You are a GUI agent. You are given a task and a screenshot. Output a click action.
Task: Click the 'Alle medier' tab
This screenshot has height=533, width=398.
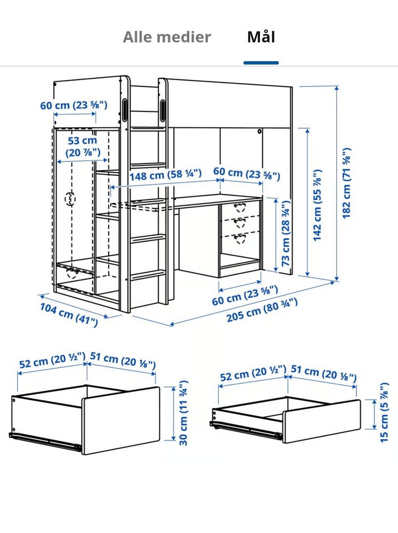[x=167, y=37]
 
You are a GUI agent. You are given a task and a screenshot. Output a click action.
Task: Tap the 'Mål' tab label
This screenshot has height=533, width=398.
[x=261, y=37]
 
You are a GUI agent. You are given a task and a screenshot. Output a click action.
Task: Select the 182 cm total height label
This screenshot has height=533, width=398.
[x=347, y=183]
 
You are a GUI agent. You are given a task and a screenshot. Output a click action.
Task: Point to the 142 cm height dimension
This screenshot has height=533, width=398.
[x=317, y=205]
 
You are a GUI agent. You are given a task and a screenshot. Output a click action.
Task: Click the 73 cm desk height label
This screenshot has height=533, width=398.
[x=286, y=233]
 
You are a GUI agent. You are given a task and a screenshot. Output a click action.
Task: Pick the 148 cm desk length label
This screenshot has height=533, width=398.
[x=165, y=175]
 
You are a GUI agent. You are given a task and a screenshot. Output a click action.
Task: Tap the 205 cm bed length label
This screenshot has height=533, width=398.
[x=262, y=310]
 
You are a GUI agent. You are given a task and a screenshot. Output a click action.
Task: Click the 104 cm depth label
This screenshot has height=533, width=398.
[x=69, y=315]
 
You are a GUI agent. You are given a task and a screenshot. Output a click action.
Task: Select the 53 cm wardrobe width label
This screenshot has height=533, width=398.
[x=83, y=147]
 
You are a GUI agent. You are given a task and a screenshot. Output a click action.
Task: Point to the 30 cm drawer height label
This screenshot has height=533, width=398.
[x=183, y=413]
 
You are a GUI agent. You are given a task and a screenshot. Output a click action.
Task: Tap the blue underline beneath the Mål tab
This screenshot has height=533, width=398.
[x=261, y=63]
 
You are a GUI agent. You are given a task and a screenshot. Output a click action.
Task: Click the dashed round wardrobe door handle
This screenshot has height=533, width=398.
[x=70, y=199]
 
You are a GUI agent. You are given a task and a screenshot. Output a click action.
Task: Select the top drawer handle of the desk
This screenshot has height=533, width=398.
[x=240, y=207]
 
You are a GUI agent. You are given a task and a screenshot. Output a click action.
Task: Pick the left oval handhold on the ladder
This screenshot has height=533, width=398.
[x=125, y=110]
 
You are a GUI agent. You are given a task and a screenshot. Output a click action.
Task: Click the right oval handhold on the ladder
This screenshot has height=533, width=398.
[x=163, y=111]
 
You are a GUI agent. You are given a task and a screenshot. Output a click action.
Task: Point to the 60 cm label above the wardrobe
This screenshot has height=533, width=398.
[x=74, y=105]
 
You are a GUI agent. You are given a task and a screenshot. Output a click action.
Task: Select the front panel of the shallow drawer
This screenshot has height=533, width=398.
[x=322, y=421]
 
